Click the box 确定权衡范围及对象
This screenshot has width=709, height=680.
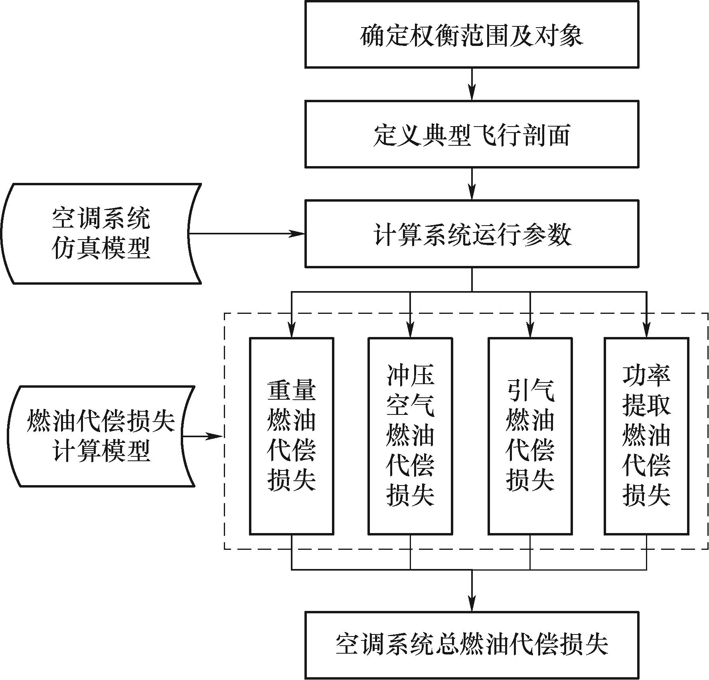click(472, 34)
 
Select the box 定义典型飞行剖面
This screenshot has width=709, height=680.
click(472, 134)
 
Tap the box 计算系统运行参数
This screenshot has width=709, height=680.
click(472, 234)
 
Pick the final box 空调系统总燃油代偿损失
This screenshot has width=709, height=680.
click(472, 644)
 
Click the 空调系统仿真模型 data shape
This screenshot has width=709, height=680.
click(101, 234)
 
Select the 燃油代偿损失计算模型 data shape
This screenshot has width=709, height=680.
click(101, 436)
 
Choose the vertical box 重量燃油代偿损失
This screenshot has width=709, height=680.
click(292, 436)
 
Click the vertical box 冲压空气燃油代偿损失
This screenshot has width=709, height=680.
click(410, 436)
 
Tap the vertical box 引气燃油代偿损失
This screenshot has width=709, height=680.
click(530, 436)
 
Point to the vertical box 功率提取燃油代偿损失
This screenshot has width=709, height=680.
click(646, 436)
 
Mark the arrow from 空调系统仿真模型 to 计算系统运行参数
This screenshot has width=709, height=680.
click(247, 234)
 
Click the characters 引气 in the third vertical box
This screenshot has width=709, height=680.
click(530, 391)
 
